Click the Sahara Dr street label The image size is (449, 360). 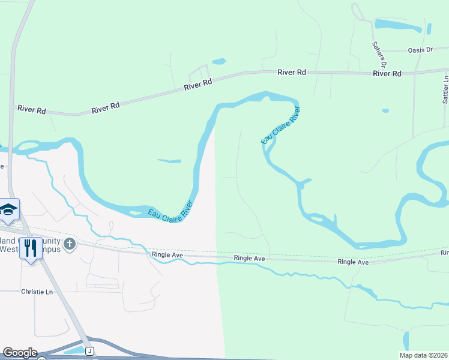pyautogui.click(x=379, y=54)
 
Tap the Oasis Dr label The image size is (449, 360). pyautogui.click(x=420, y=50)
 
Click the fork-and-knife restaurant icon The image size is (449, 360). pyautogui.click(x=31, y=248)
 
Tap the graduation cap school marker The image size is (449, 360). pyautogui.click(x=9, y=209)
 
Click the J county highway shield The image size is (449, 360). pyautogui.click(x=89, y=350)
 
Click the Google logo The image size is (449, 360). pyautogui.click(x=20, y=353)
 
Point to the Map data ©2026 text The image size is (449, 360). pyautogui.click(x=423, y=355)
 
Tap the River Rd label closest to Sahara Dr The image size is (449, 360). pyautogui.click(x=387, y=73)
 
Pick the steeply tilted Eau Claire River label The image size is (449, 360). pyautogui.click(x=280, y=125)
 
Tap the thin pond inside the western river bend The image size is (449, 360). pyautogui.click(x=169, y=161)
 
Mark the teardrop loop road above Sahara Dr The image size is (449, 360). pyautogui.click(x=358, y=11)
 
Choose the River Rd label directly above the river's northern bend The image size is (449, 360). pyautogui.click(x=292, y=72)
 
